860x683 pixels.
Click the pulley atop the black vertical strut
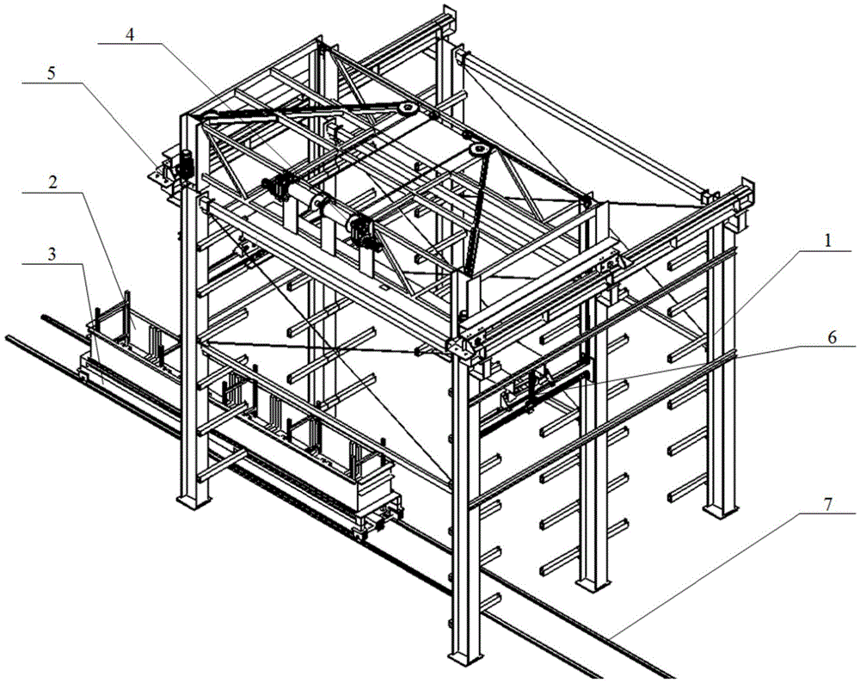(479, 152)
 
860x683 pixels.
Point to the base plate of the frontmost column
(462, 661)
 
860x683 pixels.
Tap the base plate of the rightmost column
(721, 510)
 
